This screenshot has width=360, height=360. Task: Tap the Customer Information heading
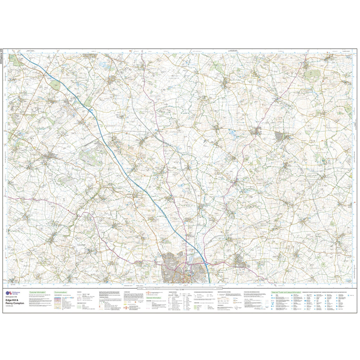(37, 292)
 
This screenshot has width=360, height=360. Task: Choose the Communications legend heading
(60, 292)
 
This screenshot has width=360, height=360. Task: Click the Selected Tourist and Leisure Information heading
(286, 292)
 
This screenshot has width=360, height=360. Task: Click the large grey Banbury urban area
(176, 269)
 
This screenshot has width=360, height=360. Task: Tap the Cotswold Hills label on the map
(83, 245)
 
